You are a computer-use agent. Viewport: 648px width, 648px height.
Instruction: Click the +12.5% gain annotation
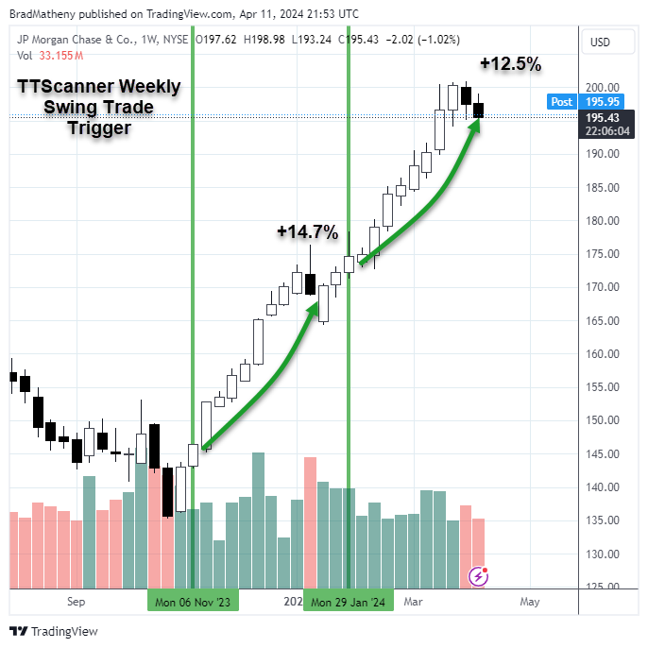pos(510,64)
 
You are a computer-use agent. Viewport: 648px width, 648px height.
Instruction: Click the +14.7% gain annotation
pos(307,231)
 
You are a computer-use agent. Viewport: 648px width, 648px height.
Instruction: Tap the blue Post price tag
pos(561,102)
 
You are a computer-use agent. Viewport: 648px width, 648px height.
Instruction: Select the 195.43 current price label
pos(608,117)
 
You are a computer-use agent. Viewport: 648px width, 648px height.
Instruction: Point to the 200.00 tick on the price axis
pos(602,88)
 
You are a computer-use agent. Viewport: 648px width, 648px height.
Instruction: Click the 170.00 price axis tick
pos(602,287)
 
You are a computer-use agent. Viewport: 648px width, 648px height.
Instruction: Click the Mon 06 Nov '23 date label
pos(193,602)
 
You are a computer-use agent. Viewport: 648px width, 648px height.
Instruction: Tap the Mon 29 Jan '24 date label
pos(349,602)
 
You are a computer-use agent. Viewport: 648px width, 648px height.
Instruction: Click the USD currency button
pos(600,43)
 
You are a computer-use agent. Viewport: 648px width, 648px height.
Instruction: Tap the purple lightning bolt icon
pos(480,575)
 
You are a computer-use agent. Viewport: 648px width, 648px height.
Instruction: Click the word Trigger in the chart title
pos(98,128)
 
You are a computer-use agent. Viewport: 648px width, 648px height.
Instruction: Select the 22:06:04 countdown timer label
pos(608,131)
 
